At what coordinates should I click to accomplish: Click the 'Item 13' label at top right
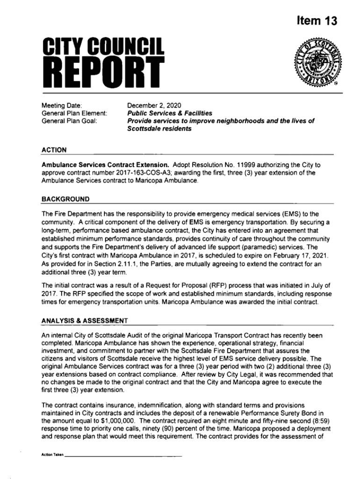point(317,22)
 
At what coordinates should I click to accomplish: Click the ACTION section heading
point(54,150)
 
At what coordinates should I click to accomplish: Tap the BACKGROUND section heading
point(65,199)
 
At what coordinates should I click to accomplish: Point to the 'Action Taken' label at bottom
point(52,455)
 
